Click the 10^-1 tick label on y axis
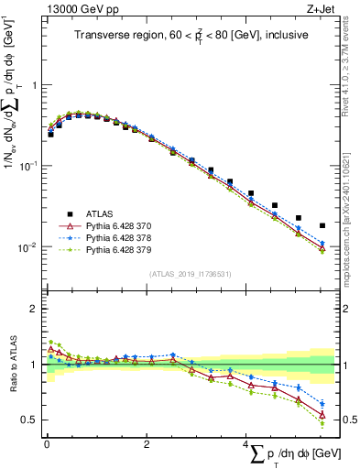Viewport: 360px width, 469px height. tap(29, 166)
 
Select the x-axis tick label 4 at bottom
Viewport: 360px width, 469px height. tap(245, 444)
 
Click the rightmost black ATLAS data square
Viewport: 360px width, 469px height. tap(322, 225)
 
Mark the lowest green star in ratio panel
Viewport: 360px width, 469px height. tap(322, 423)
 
